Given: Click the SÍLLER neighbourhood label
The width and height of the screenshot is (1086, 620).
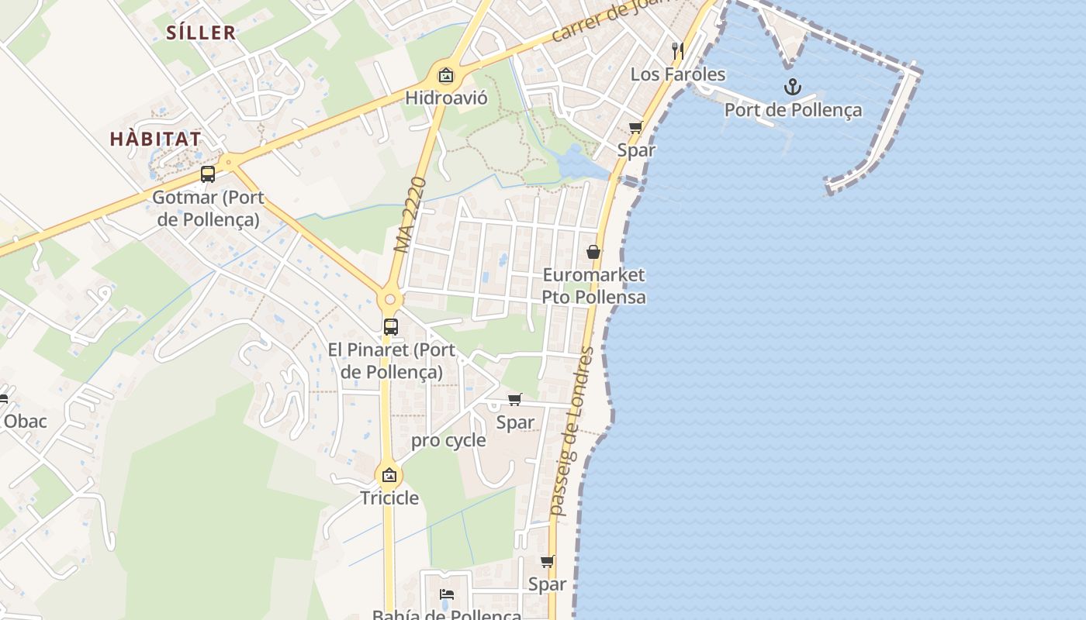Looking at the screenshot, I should click(201, 33).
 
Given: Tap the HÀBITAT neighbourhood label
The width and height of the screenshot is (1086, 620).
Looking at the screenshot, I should click(155, 139).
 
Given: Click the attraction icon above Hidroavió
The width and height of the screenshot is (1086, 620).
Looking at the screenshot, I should click(446, 75).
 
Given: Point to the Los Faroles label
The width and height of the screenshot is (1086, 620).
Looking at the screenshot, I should click(677, 74).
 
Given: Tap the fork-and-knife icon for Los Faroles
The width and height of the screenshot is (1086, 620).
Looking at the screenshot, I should click(678, 51).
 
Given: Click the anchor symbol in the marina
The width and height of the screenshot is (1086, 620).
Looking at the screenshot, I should click(792, 87).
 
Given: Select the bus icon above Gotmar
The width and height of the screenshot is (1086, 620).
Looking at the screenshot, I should click(208, 174).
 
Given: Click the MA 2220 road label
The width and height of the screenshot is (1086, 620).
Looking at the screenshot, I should click(410, 215).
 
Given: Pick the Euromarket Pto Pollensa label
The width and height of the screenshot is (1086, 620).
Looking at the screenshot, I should click(593, 286).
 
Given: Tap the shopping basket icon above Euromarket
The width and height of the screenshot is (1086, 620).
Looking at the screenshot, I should click(593, 252).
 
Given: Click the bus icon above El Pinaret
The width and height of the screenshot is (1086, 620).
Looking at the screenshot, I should click(391, 327).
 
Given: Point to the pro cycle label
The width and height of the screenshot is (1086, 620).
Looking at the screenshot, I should click(448, 441).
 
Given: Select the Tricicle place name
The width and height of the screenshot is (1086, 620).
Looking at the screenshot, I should click(389, 498).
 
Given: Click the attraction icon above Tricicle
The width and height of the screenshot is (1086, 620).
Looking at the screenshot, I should click(389, 475).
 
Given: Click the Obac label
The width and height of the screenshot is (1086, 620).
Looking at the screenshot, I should click(26, 422).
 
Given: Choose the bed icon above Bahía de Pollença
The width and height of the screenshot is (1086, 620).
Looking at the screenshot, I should click(447, 594).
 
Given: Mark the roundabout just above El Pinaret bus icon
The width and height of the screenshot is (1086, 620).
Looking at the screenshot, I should click(389, 299).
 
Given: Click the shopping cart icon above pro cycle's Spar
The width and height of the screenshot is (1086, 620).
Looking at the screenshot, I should click(514, 400).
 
